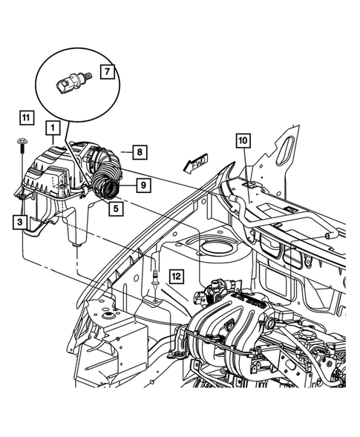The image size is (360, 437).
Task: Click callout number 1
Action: (x=52, y=128)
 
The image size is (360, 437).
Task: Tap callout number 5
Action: (x=115, y=208)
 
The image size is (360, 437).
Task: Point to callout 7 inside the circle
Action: (x=106, y=73)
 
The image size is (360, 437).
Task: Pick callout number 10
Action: (x=243, y=139)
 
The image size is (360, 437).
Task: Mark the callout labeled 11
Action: (x=26, y=117)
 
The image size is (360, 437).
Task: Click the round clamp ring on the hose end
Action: (x=112, y=189)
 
